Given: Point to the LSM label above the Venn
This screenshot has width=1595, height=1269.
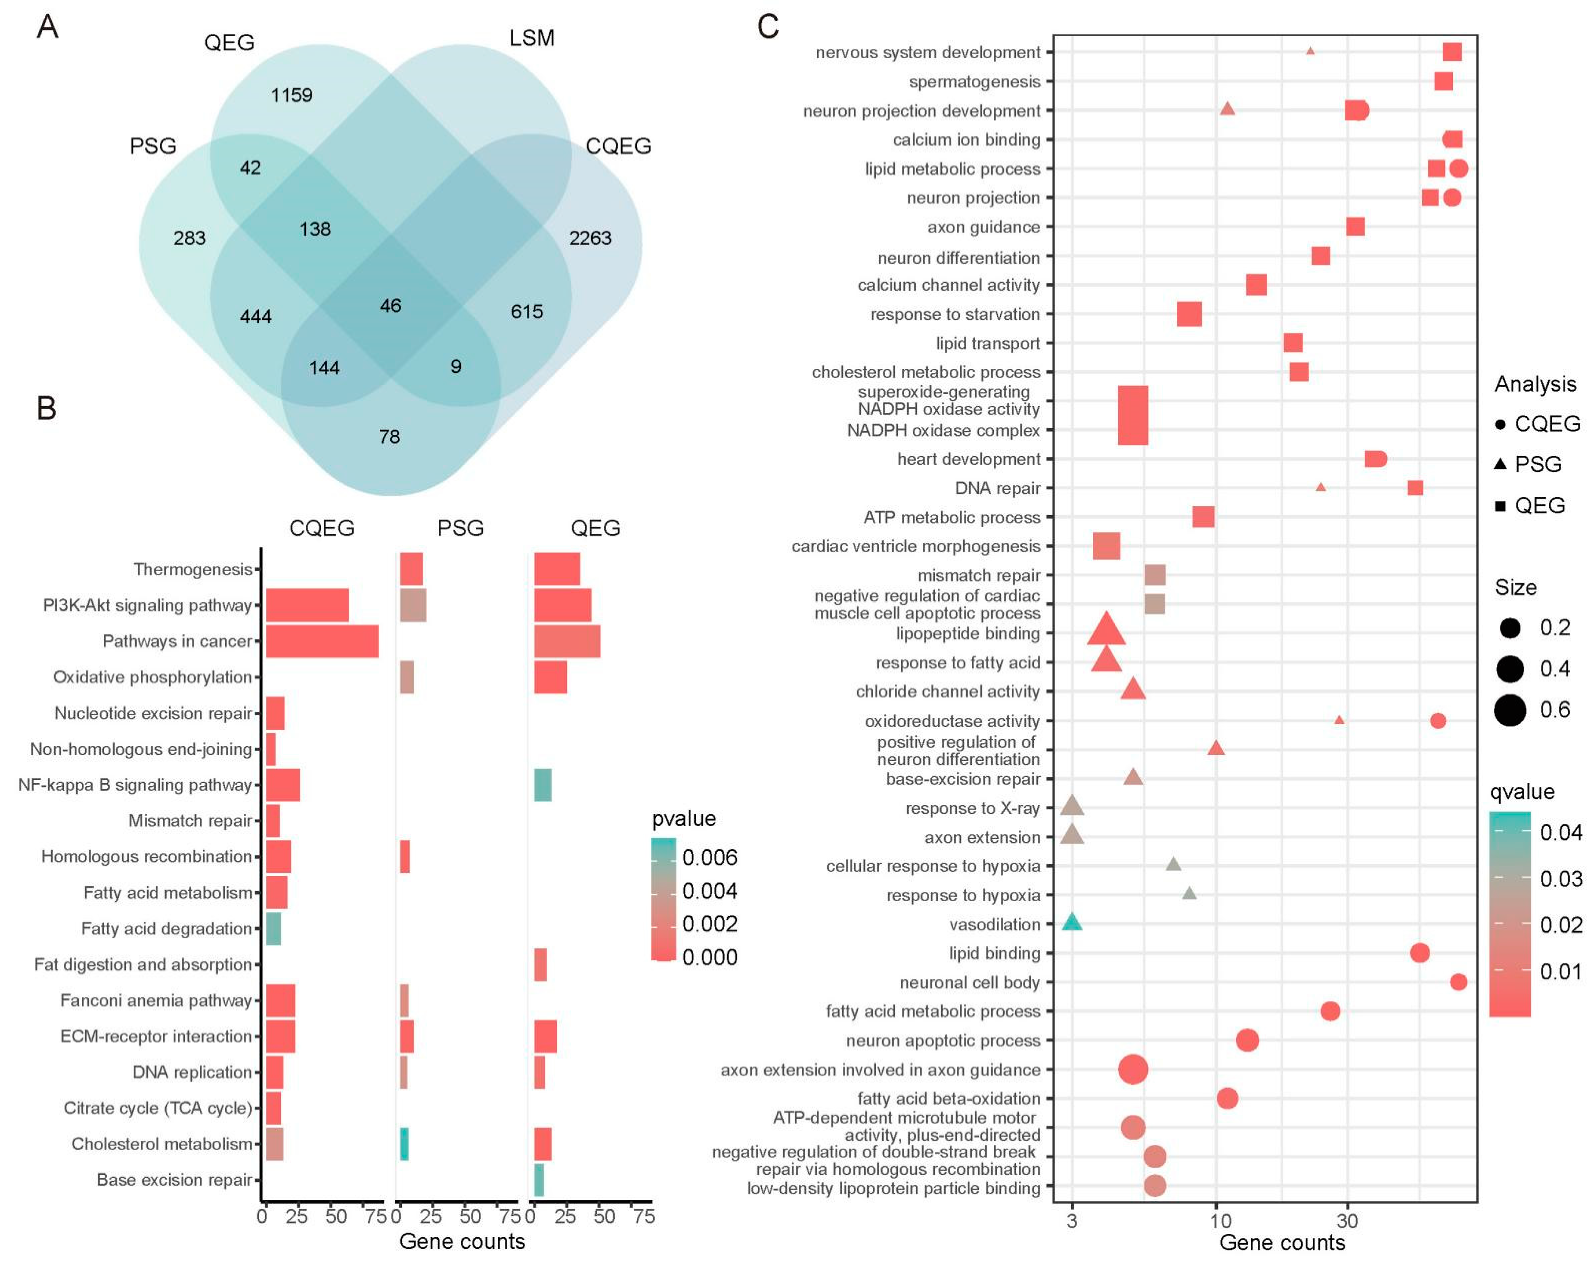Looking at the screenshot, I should click(531, 38).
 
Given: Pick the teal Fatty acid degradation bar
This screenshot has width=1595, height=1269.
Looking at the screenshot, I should click(273, 929).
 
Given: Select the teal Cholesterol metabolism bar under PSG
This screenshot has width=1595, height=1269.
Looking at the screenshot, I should click(404, 1144).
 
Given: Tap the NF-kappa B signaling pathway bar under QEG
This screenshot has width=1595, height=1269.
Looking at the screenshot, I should click(542, 785).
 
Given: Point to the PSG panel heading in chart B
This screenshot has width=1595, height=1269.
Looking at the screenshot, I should click(460, 528).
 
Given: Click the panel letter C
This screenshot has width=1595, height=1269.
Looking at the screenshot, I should click(768, 27).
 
